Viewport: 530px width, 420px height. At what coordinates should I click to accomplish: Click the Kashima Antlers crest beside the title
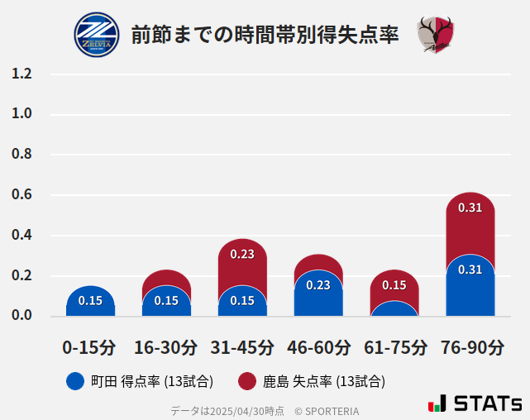click(x=436, y=35)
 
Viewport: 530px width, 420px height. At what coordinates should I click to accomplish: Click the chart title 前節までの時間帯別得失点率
click(x=265, y=35)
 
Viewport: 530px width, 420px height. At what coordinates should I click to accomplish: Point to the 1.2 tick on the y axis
click(x=21, y=74)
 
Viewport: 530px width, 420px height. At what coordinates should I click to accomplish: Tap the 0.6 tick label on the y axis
click(x=21, y=195)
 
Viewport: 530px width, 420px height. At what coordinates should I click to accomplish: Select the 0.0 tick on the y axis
click(x=21, y=316)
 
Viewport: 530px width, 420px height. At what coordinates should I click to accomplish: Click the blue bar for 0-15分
click(x=90, y=301)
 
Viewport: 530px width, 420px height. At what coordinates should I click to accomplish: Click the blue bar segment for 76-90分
click(x=470, y=285)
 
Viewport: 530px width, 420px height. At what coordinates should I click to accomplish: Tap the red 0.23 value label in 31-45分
click(x=242, y=254)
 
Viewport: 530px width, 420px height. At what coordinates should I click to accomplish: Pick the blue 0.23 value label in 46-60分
click(x=318, y=285)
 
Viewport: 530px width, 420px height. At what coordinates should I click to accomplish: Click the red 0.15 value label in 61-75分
click(x=394, y=285)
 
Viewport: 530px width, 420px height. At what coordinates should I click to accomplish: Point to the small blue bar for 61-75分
click(x=394, y=309)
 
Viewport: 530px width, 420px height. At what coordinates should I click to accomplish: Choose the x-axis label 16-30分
click(x=166, y=347)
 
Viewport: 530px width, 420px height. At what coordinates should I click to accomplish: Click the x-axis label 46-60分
click(x=318, y=347)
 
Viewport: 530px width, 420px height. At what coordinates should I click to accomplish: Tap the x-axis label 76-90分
click(x=470, y=347)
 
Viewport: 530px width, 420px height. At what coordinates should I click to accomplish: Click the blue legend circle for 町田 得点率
click(x=75, y=381)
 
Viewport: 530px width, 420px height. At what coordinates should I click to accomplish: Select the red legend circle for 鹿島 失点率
click(x=247, y=381)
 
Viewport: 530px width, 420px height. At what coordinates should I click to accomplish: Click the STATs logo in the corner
click(x=475, y=403)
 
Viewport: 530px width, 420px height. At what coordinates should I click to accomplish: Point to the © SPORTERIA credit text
click(x=327, y=411)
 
